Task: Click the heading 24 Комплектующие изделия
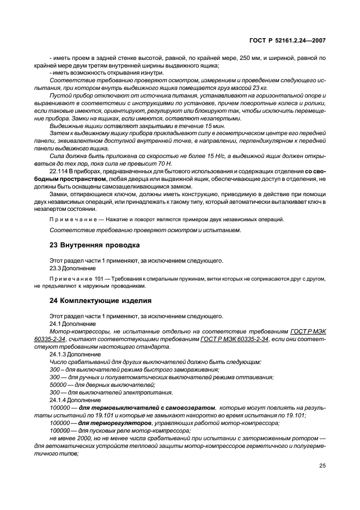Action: (x=101, y=300)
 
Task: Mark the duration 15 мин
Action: (x=164, y=125)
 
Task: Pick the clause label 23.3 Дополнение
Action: (x=72, y=268)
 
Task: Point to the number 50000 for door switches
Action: (x=59, y=384)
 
